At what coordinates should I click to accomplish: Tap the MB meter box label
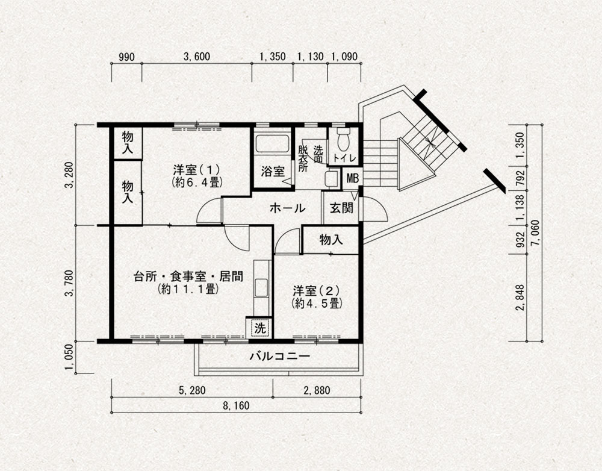(352, 178)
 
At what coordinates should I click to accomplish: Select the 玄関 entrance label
(342, 208)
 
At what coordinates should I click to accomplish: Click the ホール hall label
(287, 208)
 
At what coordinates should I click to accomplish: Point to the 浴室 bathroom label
(273, 171)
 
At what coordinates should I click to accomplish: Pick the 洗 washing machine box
(260, 328)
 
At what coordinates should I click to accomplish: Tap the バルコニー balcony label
(280, 357)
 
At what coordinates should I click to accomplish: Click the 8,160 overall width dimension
(236, 406)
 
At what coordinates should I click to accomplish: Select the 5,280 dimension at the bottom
(192, 391)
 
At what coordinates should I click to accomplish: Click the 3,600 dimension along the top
(197, 57)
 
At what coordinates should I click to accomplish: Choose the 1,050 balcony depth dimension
(69, 358)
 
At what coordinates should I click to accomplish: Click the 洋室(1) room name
(196, 169)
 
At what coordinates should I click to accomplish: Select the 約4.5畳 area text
(317, 304)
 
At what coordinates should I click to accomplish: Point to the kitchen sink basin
(261, 288)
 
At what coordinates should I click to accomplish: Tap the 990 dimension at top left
(126, 57)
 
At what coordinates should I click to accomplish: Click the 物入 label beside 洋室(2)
(331, 240)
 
